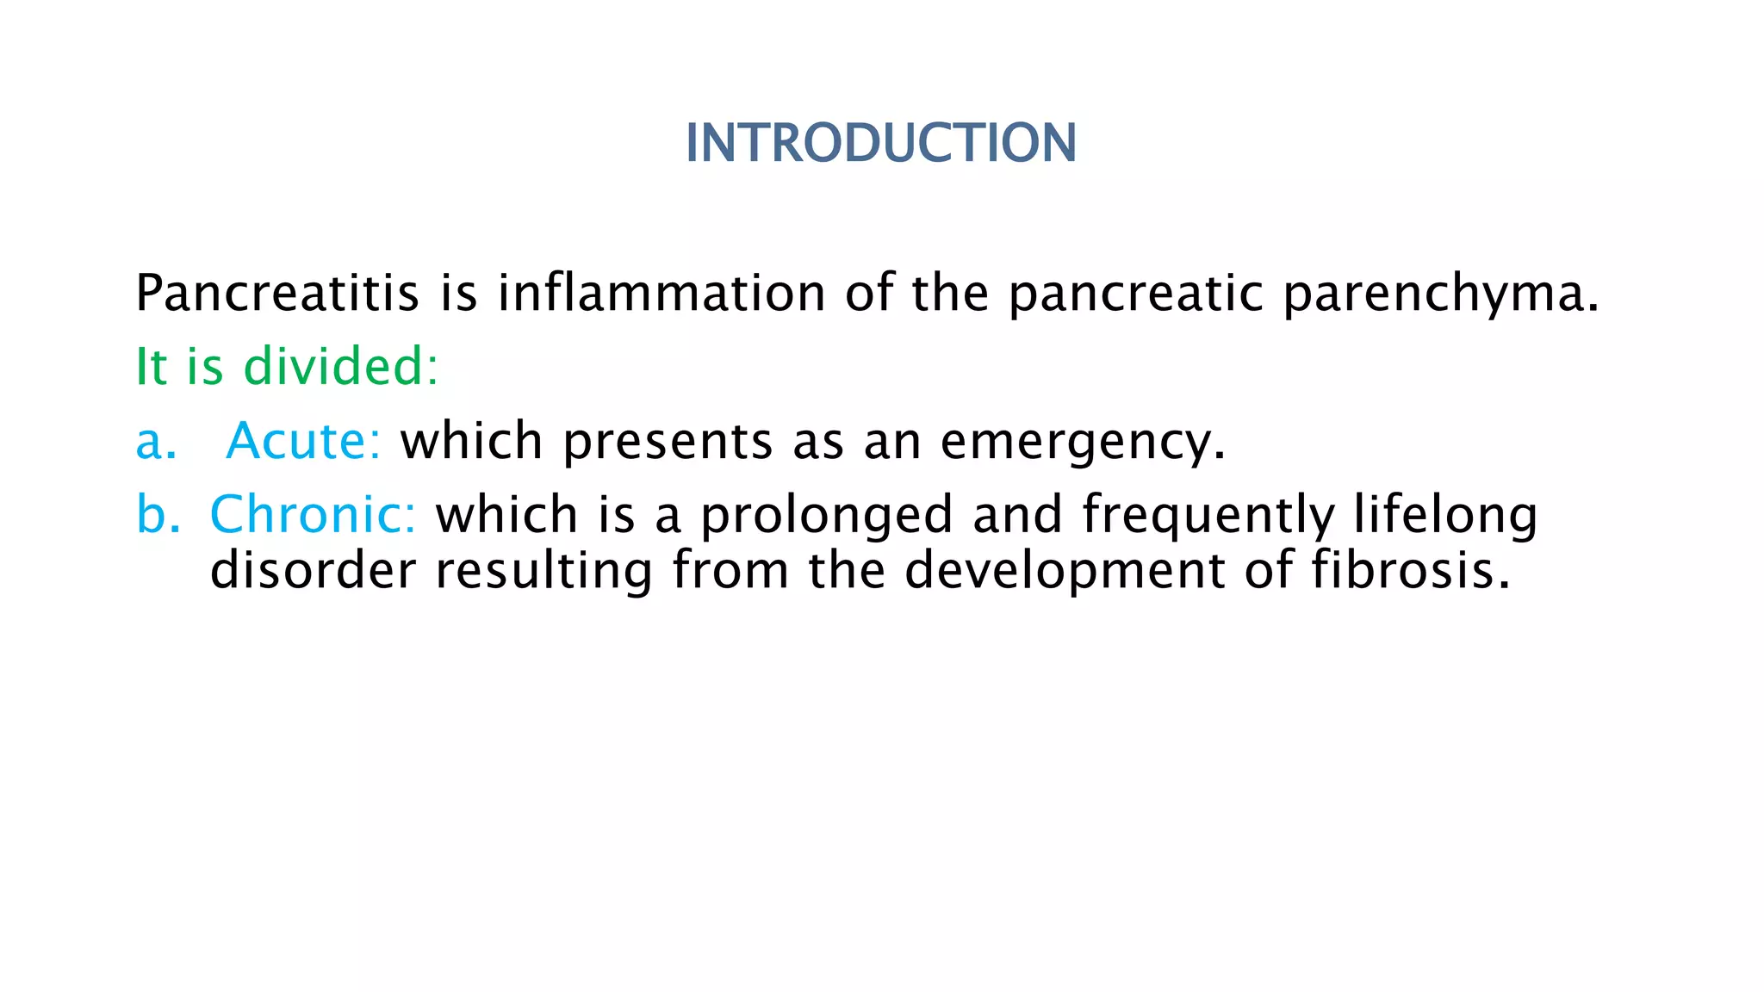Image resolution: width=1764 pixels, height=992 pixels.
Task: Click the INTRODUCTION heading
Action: click(x=880, y=143)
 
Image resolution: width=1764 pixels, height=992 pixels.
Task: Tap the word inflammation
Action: click(x=661, y=294)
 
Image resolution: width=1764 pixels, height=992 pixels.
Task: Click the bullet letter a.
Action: click(x=155, y=442)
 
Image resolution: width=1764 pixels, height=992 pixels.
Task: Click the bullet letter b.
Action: click(x=158, y=515)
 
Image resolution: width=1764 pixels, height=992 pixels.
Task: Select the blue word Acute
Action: click(x=301, y=441)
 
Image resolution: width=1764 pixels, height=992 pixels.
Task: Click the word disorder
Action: click(x=313, y=571)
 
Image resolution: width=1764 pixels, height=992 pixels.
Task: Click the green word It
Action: click(x=151, y=367)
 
